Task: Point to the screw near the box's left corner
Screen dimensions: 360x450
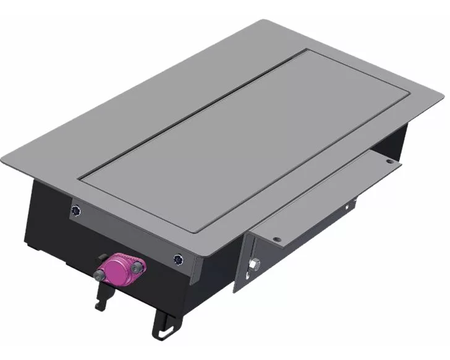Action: pos(76,210)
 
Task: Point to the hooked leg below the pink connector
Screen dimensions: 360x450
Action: pos(100,297)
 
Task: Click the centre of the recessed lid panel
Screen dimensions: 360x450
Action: pos(247,139)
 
